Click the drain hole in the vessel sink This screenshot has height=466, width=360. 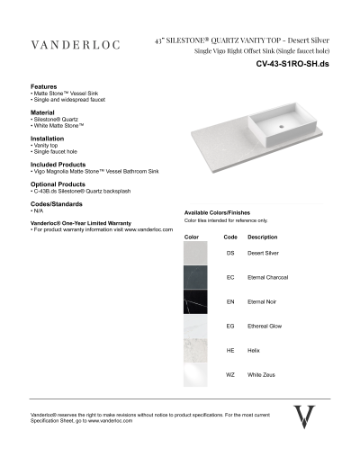280,127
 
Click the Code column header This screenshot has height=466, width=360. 229,237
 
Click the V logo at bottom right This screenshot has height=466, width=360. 305,417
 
